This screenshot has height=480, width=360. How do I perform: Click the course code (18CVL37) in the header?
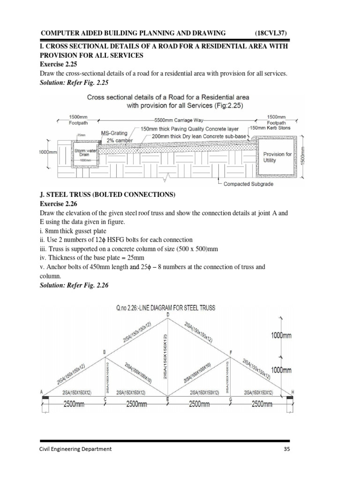pos(271,33)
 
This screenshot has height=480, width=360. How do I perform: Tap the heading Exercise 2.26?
pos(58,203)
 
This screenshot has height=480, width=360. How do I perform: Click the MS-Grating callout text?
pos(115,133)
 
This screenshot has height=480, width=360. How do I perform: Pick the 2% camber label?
pos(120,140)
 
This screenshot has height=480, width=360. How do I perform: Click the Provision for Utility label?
pos(277,157)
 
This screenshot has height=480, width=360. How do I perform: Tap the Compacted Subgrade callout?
pos(248,184)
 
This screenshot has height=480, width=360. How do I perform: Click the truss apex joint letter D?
pos(168,315)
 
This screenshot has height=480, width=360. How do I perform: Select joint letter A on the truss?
pos(42,392)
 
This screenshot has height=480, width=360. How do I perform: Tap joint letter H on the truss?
pos(293,392)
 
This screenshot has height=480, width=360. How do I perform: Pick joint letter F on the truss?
pos(230,352)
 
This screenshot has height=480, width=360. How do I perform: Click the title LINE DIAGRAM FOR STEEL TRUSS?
pos(165,308)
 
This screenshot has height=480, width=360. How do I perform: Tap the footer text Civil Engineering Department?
pos(75,449)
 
